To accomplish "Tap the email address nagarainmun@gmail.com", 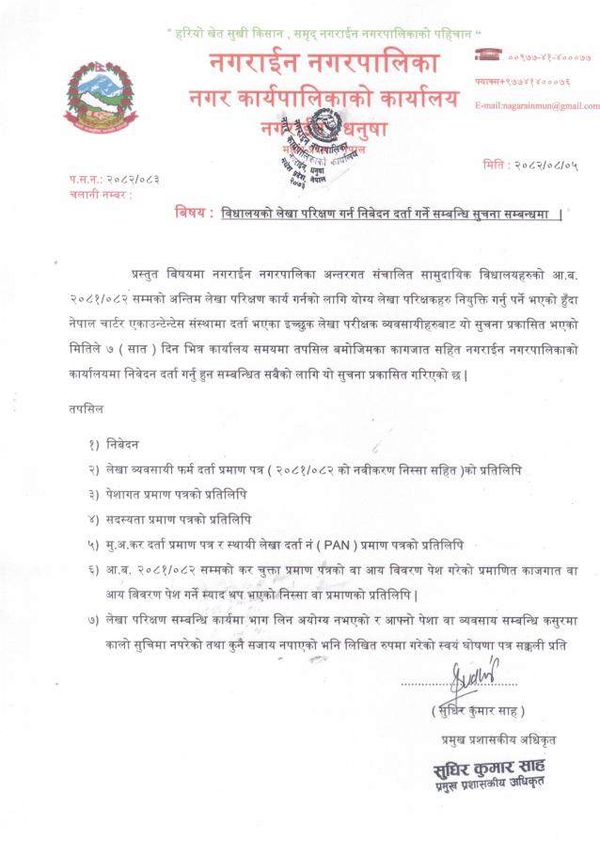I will pyautogui.click(x=536, y=105).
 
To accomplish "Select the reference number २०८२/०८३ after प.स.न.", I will pyautogui.click(x=128, y=179).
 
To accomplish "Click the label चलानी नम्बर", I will pyautogui.click(x=99, y=195).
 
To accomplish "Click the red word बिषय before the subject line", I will pyautogui.click(x=194, y=213).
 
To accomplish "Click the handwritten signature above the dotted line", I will pyautogui.click(x=474, y=674).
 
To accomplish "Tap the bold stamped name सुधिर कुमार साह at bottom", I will pyautogui.click(x=490, y=763).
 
